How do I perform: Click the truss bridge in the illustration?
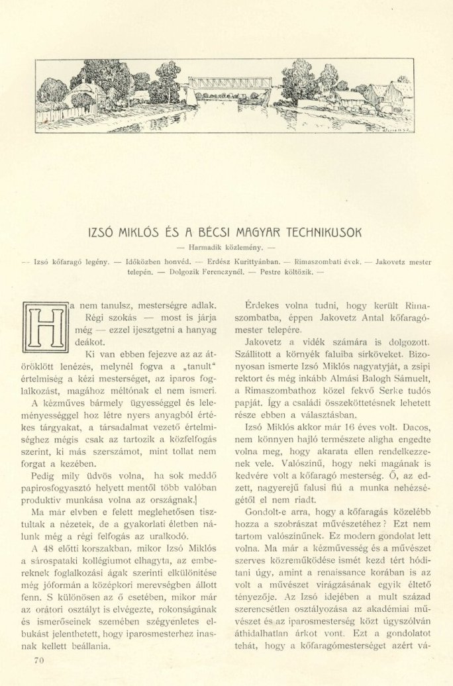point(230,83)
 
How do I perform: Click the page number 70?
point(38,660)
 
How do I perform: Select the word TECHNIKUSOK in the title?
point(322,233)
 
